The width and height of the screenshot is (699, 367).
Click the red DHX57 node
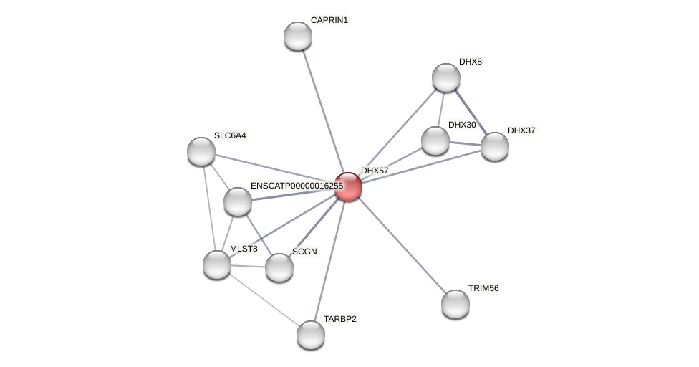click(x=348, y=186)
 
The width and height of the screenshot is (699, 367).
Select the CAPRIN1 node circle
click(x=298, y=36)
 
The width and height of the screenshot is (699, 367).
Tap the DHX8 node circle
click(x=446, y=77)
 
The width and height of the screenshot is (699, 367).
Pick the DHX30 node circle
click(x=435, y=140)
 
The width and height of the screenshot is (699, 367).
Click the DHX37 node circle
click(x=495, y=146)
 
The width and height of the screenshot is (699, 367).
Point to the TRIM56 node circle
click(x=455, y=304)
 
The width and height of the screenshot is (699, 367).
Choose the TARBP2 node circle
click(x=311, y=335)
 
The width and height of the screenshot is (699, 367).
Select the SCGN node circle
click(x=279, y=267)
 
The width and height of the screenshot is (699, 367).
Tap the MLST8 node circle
click(x=217, y=264)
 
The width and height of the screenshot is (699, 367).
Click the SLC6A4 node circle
click(x=201, y=151)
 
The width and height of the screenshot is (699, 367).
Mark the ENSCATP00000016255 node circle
click(x=238, y=201)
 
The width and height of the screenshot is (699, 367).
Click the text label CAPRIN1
click(x=329, y=20)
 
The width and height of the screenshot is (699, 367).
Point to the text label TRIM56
click(x=483, y=288)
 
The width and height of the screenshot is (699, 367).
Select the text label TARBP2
click(x=339, y=319)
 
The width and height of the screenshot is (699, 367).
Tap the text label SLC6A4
click(x=230, y=135)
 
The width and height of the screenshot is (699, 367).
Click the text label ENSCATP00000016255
click(x=297, y=186)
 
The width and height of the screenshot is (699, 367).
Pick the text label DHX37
click(x=521, y=130)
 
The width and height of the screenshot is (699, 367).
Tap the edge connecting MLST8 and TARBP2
click(x=264, y=300)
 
